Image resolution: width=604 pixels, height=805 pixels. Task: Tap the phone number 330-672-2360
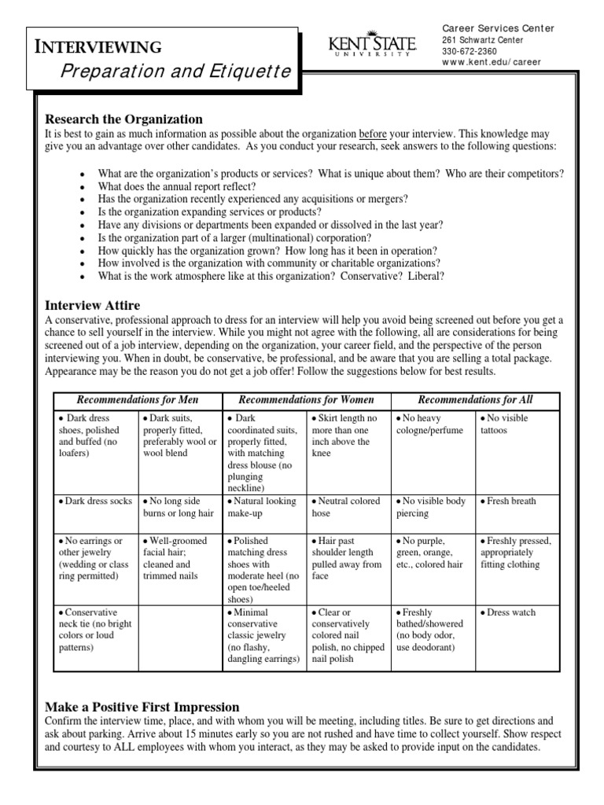[x=470, y=51]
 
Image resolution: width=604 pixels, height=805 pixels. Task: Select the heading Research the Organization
[x=123, y=119]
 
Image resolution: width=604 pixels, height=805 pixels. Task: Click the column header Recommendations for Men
[x=138, y=399]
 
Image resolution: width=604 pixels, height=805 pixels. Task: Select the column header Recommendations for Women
[x=306, y=399]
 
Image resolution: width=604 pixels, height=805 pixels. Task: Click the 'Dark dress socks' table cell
[x=94, y=501]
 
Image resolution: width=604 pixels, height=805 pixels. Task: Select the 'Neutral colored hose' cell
[x=346, y=507]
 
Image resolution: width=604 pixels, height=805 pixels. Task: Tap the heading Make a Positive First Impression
[x=142, y=707]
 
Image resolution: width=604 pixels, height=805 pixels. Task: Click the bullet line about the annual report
[x=176, y=186]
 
